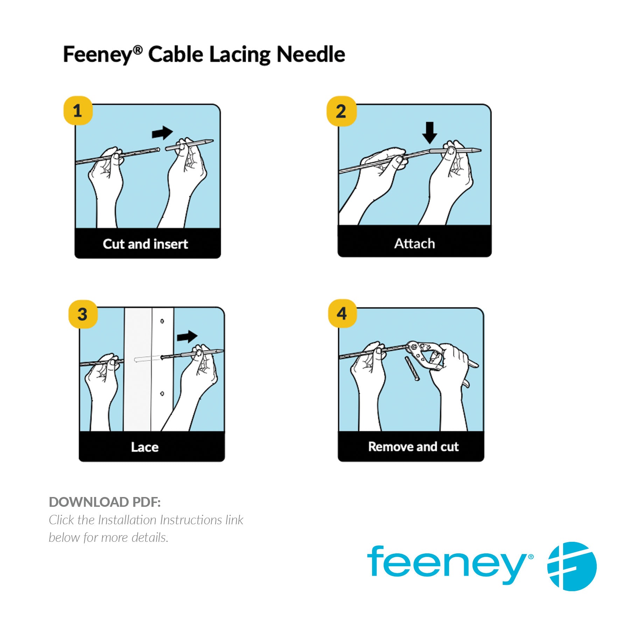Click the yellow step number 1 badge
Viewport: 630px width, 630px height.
pos(78,111)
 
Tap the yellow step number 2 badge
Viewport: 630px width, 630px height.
pos(341,111)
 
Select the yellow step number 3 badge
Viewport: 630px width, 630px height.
pos(83,314)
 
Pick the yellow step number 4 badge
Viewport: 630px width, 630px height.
pos(342,313)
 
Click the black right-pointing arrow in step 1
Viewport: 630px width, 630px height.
pos(162,133)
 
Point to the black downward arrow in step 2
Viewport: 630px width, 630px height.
pos(429,133)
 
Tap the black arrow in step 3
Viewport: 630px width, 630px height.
pos(187,337)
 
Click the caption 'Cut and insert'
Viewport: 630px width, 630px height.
pos(145,244)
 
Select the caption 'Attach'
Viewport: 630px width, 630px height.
pos(415,243)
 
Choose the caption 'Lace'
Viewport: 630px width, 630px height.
pos(145,447)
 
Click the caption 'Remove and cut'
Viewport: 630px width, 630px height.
pos(413,447)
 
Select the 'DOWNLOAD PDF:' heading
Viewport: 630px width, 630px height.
pos(105,502)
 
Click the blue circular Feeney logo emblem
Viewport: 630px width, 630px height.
pos(572,566)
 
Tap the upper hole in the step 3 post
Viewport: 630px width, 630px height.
pos(162,321)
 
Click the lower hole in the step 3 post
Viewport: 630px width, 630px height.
pos(162,394)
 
